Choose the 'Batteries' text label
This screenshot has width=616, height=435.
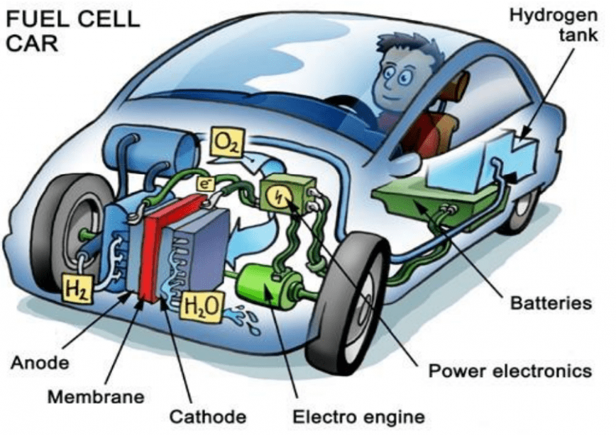[551, 304]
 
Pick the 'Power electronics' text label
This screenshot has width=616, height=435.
[510, 371]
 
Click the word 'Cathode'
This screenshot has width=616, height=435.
[209, 415]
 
